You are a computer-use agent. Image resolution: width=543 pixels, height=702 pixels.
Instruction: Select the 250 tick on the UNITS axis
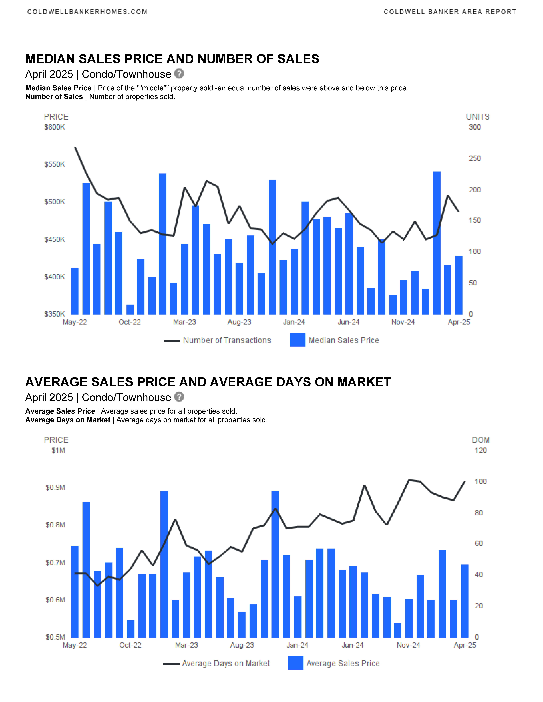tap(474, 158)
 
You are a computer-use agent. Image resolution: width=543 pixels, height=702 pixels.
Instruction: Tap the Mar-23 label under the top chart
tap(184, 322)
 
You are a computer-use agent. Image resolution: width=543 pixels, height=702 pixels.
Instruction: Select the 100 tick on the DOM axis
tap(481, 482)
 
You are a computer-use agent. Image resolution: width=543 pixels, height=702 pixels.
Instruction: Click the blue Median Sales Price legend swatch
tap(298, 340)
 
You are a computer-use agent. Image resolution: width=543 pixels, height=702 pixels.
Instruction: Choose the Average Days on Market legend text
tap(226, 663)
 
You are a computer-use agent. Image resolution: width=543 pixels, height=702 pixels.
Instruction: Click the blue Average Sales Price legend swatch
tap(296, 663)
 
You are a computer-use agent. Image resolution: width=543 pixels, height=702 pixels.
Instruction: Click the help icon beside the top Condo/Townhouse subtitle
tap(179, 74)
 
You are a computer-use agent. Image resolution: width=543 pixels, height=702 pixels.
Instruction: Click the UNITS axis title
tap(478, 117)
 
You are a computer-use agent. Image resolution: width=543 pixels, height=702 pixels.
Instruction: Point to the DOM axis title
tap(481, 440)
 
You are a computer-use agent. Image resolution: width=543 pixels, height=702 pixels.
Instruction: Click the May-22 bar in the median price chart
tap(75, 291)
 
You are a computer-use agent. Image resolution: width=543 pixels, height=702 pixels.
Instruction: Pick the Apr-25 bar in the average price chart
tap(465, 601)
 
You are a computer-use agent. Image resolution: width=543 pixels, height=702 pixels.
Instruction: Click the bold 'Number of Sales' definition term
tap(54, 97)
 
